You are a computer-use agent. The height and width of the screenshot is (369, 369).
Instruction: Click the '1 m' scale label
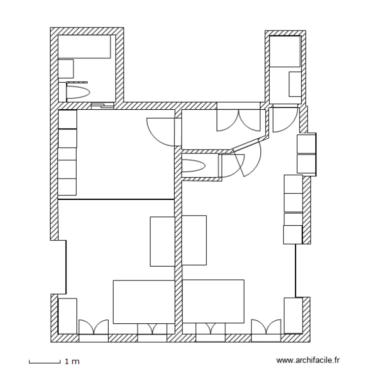(72, 362)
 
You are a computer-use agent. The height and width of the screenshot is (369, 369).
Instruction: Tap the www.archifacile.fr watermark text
(308, 361)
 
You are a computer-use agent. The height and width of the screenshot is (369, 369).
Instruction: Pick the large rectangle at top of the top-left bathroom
(84, 47)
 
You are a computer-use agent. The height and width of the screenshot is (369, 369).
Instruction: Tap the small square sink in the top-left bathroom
(65, 69)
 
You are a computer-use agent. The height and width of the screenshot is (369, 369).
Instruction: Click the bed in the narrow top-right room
(285, 51)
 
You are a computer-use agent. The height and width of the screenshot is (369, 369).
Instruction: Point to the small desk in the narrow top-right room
(295, 84)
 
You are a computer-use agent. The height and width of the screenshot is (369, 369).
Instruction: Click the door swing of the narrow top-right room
(283, 120)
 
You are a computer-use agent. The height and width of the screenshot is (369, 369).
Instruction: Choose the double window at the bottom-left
(93, 329)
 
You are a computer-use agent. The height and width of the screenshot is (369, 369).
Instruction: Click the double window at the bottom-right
(266, 329)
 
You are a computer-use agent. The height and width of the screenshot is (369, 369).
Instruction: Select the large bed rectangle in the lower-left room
(144, 302)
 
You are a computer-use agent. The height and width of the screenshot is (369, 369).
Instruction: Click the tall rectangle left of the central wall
(162, 241)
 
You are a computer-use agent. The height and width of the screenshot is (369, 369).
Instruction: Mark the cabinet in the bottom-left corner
(67, 315)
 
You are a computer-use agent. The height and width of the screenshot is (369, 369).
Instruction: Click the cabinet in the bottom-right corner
(293, 315)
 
